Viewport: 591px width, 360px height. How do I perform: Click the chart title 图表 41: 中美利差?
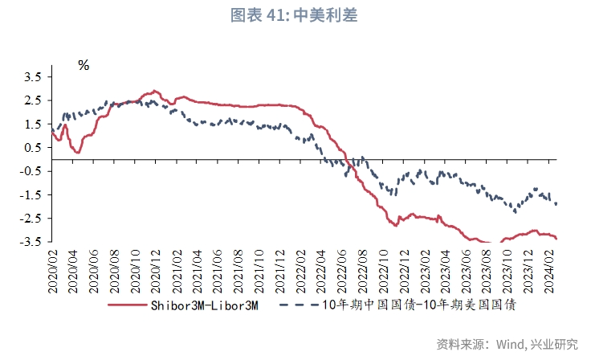(x=295, y=15)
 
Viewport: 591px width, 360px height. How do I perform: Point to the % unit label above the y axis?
(x=84, y=65)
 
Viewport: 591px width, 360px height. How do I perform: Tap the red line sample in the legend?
(x=128, y=305)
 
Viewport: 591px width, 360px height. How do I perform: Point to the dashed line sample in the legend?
(x=297, y=305)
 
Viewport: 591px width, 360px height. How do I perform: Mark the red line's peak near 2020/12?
(x=154, y=91)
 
